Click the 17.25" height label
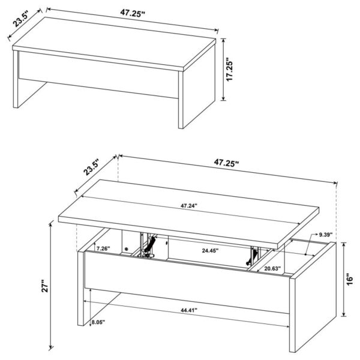(x=230, y=70)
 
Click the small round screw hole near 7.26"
(x=127, y=248)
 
